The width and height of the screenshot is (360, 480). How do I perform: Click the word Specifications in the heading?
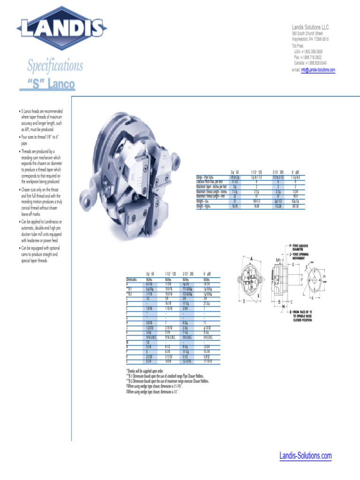pos(55,66)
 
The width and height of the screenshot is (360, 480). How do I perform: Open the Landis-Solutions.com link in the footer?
pos(305,455)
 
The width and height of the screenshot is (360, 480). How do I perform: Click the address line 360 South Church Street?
pos(307,34)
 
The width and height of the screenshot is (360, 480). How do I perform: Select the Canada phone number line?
pos(310,62)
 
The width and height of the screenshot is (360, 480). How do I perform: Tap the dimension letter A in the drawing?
pos(252,258)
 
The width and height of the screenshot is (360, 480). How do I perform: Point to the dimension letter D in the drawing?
pos(244,301)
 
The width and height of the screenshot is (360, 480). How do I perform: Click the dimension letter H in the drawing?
pos(323,277)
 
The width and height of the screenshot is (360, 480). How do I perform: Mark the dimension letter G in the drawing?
pos(293,264)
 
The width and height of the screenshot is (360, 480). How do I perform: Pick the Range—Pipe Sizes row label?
pos(205,178)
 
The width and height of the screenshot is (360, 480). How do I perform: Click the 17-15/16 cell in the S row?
pos(208,361)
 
